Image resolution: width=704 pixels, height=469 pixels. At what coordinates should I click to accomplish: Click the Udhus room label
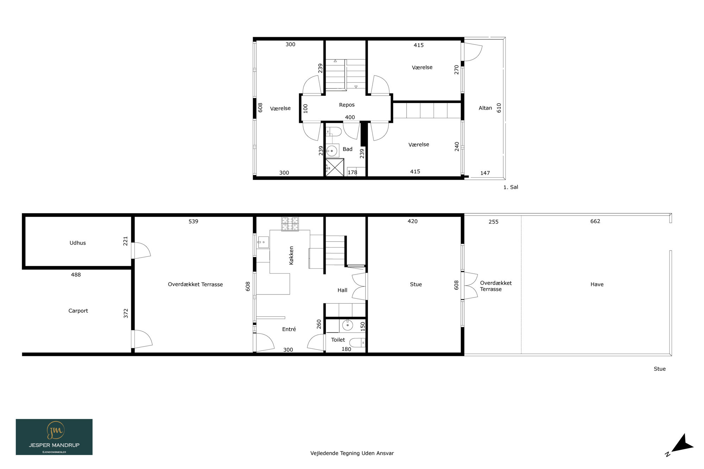(x=77, y=243)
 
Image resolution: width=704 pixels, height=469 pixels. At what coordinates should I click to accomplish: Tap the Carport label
(x=78, y=311)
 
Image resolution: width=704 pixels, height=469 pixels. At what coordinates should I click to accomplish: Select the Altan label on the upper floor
(x=485, y=108)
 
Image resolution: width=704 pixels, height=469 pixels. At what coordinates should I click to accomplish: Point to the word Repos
(x=347, y=105)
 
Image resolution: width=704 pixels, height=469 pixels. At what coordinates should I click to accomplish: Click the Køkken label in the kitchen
(x=291, y=255)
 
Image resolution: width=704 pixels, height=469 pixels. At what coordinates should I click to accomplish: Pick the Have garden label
(x=597, y=284)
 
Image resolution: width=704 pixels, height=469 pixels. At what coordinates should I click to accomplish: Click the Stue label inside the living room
(x=416, y=284)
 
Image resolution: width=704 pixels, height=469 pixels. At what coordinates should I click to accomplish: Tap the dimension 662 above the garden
(x=595, y=221)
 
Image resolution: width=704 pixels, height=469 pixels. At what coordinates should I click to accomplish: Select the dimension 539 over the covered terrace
(x=193, y=221)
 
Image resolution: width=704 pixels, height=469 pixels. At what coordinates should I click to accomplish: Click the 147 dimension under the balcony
(x=485, y=173)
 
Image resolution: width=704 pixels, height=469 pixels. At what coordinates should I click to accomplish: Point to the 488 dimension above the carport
(x=76, y=275)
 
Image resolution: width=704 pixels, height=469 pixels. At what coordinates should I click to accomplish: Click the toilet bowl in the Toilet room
(x=358, y=342)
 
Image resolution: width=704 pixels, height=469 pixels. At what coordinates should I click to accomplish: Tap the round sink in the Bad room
(x=332, y=151)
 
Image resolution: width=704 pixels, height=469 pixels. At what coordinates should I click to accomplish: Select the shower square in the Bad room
(x=334, y=167)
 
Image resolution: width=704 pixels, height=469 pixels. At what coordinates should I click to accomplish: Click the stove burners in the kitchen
(x=290, y=224)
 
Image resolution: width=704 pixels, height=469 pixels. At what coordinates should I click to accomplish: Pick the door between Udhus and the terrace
(x=140, y=251)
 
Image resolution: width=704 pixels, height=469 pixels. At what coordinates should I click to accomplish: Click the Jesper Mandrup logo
(x=54, y=437)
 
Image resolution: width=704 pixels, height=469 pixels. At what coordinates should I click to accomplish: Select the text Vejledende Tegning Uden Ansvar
(x=352, y=453)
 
